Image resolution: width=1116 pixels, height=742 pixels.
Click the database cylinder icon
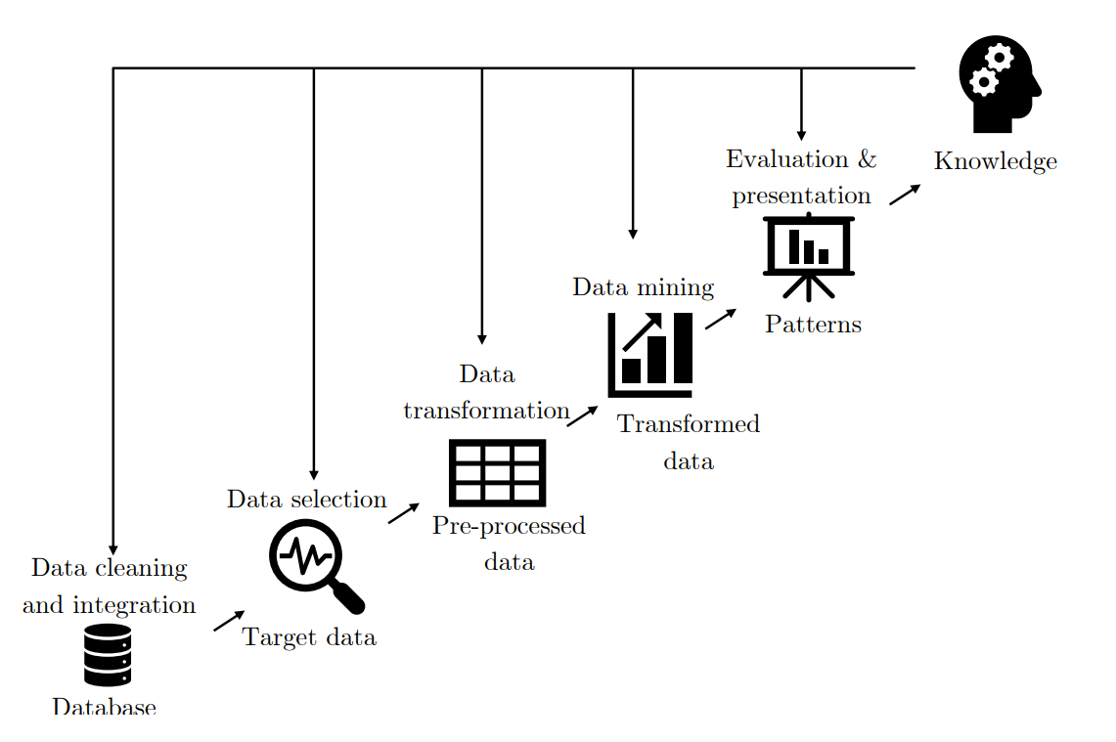pos(108,655)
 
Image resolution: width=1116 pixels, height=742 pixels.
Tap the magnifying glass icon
pos(309,559)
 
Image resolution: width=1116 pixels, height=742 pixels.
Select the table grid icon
pos(497,473)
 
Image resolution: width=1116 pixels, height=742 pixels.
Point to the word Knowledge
pos(995,161)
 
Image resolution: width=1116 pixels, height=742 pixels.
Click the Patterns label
pos(813,325)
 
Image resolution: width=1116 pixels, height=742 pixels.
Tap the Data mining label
pos(643,287)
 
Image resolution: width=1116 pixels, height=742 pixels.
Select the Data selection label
pos(306,500)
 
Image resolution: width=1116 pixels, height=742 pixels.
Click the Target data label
pos(309,638)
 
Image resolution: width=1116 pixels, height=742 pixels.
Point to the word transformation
pos(486,411)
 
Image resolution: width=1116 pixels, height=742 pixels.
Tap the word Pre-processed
pos(509,526)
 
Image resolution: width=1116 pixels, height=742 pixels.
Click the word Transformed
pos(688,424)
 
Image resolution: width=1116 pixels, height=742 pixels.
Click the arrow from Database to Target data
pos(229,621)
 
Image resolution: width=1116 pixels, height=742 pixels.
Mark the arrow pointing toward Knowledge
pos(905,195)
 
